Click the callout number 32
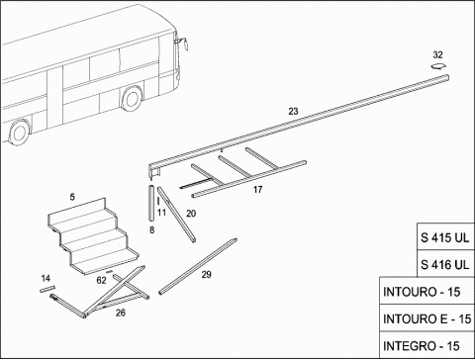pyautogui.click(x=437, y=54)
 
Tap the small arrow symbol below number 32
pyautogui.click(x=438, y=66)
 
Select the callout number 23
pyautogui.click(x=293, y=112)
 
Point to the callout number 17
pyautogui.click(x=258, y=190)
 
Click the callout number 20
pyautogui.click(x=191, y=214)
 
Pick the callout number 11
pyautogui.click(x=161, y=213)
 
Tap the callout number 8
pyautogui.click(x=151, y=229)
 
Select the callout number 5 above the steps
pyautogui.click(x=72, y=197)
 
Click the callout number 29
pyautogui.click(x=207, y=274)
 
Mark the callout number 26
pyautogui.click(x=121, y=313)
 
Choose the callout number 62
pyautogui.click(x=101, y=280)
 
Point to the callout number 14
pyautogui.click(x=46, y=279)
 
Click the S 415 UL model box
pyautogui.click(x=445, y=236)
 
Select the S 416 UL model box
pyautogui.click(x=445, y=264)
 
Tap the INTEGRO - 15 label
pyautogui.click(x=421, y=346)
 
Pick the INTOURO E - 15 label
pyautogui.click(x=427, y=319)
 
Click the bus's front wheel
pyautogui.click(x=132, y=98)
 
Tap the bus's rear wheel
pyautogui.click(x=19, y=132)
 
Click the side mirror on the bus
pyautogui.click(x=183, y=44)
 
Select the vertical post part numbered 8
pyautogui.click(x=151, y=204)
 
